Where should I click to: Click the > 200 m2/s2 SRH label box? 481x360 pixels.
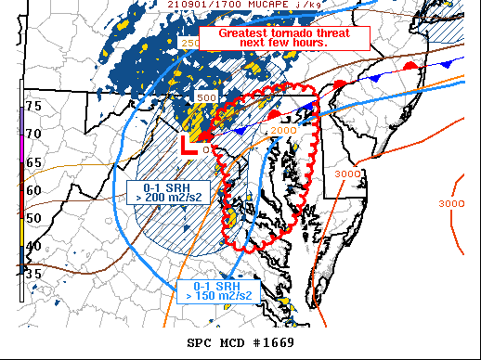163,190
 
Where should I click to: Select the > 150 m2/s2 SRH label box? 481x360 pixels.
214,290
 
